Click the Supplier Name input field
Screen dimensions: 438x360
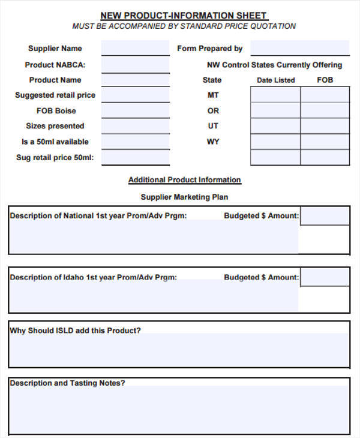135,49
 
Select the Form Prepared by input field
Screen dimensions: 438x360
299,49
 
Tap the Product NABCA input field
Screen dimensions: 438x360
135,65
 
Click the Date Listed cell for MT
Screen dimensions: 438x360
275,95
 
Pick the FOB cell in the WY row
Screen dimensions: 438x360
325,157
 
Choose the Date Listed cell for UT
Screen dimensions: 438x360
275,126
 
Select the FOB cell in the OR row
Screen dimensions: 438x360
325,110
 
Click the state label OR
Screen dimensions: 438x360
213,111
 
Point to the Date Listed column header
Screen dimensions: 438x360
275,80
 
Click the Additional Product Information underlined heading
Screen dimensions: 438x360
184,180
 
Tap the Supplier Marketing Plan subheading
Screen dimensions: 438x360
184,197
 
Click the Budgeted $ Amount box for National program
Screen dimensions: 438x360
325,216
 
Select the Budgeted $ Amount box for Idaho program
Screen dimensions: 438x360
325,277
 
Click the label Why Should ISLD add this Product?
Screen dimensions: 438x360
76,331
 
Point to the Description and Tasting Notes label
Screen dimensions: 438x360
67,383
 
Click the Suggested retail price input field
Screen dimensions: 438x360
135,95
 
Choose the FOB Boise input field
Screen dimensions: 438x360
135,111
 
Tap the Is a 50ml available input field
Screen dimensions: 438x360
135,142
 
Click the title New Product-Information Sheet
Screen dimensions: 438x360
184,16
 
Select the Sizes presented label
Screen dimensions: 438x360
55,127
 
